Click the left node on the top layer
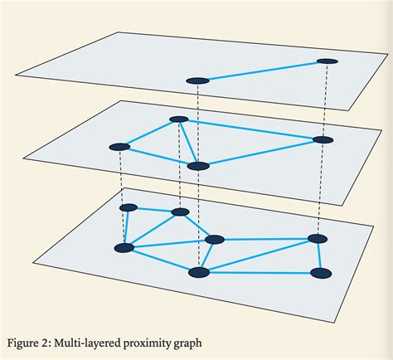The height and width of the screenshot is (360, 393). (x=196, y=80)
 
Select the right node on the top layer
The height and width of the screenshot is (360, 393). (x=327, y=61)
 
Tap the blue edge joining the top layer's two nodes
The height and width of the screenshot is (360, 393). (x=262, y=71)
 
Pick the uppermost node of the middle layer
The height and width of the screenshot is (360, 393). (x=178, y=119)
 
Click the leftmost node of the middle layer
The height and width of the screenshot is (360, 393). (x=119, y=147)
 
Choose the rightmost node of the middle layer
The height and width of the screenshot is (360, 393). (x=322, y=140)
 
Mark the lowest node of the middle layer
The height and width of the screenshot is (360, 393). (x=197, y=166)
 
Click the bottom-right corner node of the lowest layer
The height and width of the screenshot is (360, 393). (x=321, y=272)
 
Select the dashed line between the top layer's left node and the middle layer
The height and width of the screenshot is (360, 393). (x=197, y=124)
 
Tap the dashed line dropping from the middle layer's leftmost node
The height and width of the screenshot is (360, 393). (x=122, y=178)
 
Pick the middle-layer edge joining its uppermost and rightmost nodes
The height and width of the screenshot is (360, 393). (x=249, y=129)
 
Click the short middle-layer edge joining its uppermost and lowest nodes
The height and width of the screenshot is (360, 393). (x=188, y=143)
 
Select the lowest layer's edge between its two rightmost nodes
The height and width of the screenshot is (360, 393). (x=318, y=255)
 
